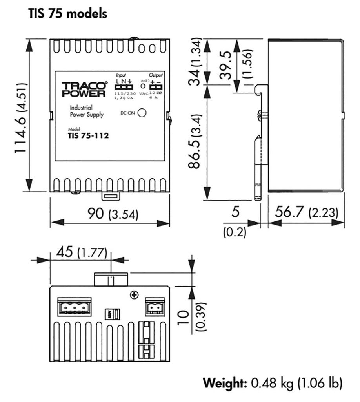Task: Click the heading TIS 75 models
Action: click(68, 14)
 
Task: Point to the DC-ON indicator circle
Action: click(142, 113)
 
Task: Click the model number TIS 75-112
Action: click(88, 137)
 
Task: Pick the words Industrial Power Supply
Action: click(86, 111)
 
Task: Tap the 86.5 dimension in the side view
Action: click(194, 141)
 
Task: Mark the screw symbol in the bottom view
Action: click(135, 294)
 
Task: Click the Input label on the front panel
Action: click(121, 75)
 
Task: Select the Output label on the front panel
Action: click(155, 75)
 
